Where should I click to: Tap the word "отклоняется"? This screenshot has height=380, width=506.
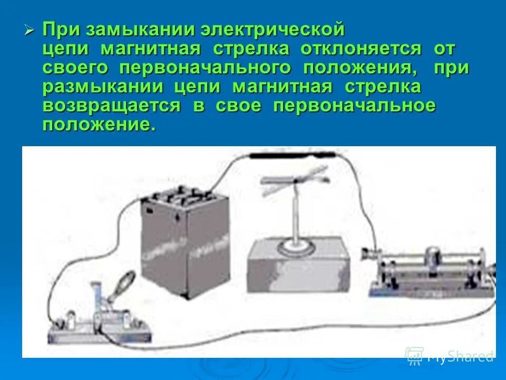(361, 49)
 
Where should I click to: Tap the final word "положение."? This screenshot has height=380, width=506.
(99, 125)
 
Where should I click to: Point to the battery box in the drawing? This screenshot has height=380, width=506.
(186, 237)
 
